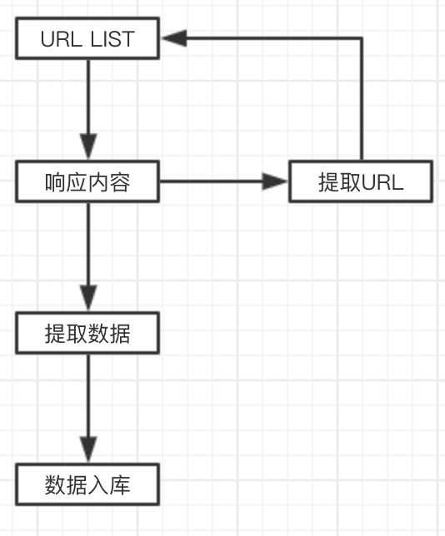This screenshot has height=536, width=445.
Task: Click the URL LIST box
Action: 87,39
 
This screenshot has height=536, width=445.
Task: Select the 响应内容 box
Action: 87,182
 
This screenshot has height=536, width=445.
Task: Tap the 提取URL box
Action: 360,182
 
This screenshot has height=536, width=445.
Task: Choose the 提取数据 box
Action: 87,334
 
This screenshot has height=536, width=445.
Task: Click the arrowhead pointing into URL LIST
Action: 173,38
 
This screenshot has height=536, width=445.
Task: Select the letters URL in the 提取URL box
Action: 382,182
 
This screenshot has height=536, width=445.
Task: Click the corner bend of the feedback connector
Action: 361,38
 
